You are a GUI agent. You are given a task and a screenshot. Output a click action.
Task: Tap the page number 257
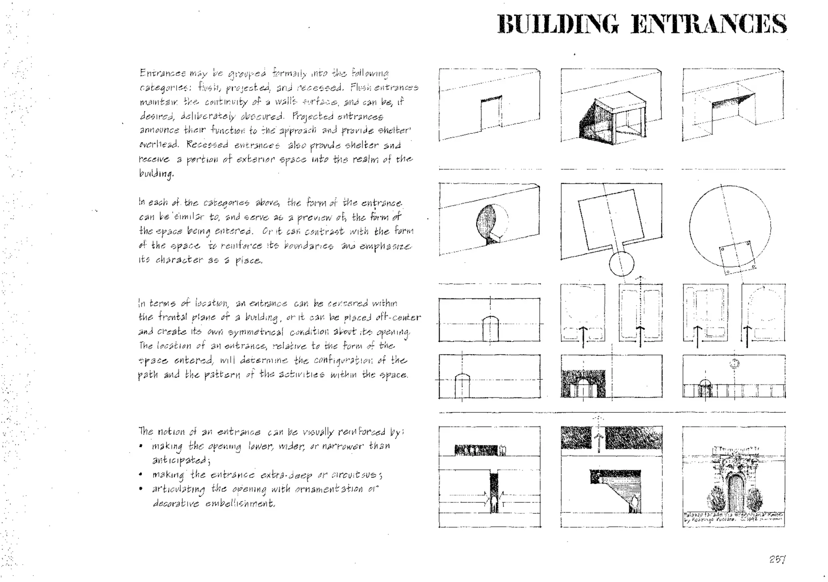777,559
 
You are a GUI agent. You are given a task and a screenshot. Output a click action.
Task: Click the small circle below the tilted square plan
621,264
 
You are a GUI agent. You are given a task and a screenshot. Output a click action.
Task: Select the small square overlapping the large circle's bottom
737,257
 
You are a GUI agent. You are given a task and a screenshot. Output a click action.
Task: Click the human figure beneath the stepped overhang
634,504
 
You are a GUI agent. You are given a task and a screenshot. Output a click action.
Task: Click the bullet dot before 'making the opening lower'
141,446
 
